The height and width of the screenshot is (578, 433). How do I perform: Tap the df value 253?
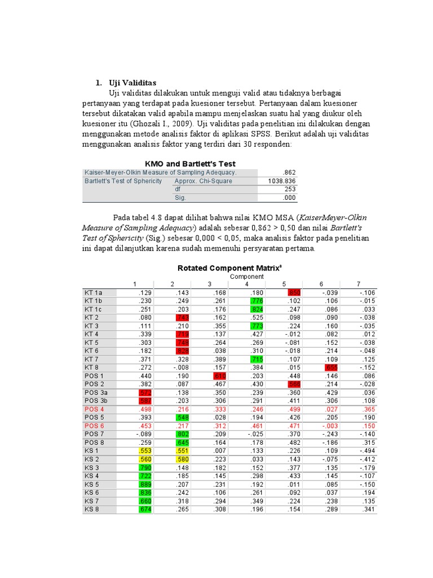(290, 189)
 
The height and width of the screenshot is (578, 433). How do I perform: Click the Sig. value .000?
(289, 198)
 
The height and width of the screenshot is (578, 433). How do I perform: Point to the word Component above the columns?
(246, 277)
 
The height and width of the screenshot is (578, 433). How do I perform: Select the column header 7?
(358, 284)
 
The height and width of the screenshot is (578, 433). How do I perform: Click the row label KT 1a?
(94, 292)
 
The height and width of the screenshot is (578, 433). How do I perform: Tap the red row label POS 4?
(94, 408)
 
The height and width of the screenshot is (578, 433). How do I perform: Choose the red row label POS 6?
(94, 425)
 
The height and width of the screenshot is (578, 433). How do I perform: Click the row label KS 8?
(92, 509)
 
